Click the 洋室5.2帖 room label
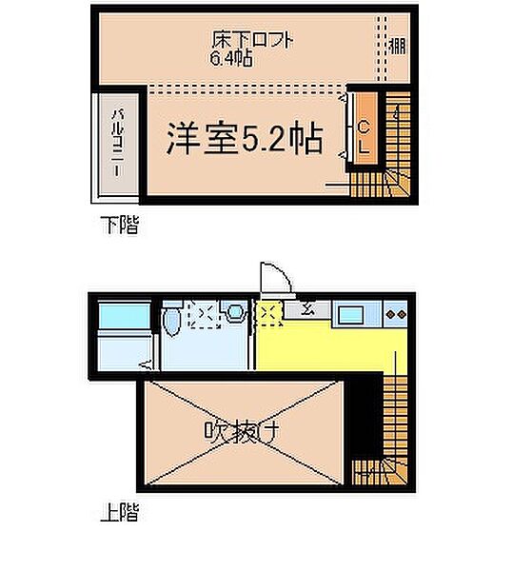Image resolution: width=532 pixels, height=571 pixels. [x=244, y=140]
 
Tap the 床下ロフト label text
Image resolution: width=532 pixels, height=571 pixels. [x=251, y=41]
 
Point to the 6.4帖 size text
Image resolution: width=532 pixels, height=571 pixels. [x=230, y=59]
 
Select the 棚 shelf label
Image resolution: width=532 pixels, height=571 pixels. [x=397, y=45]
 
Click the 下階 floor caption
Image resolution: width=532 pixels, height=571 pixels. [x=118, y=226]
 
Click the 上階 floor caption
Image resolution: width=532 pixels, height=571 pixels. [x=118, y=515]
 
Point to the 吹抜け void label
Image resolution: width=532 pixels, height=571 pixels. [x=241, y=431]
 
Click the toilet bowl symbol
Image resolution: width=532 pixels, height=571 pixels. [x=170, y=325]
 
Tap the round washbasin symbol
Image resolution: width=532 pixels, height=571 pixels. [x=234, y=312]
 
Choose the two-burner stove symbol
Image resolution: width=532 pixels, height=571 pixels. [x=396, y=312]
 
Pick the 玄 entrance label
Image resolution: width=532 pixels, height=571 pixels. [x=310, y=307]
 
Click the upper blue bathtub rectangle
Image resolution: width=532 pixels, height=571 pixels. [x=124, y=315]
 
